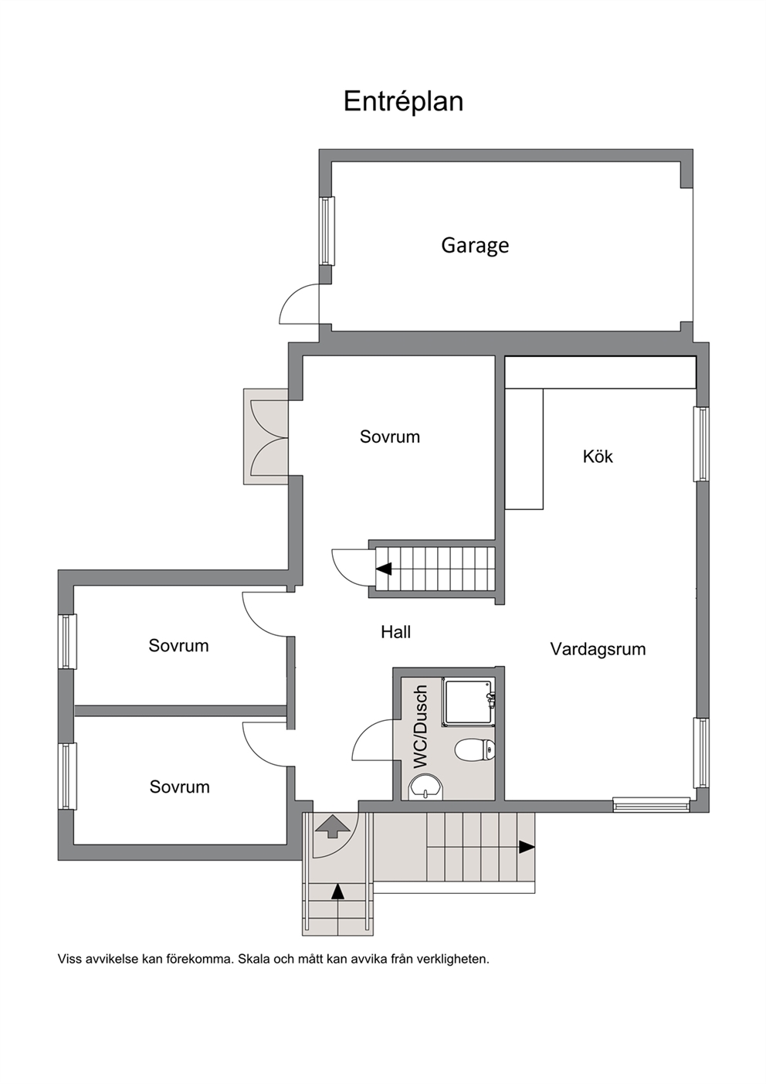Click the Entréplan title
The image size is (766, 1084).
click(403, 102)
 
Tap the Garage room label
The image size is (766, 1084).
click(475, 246)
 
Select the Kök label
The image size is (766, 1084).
click(598, 457)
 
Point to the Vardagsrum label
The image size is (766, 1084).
click(598, 649)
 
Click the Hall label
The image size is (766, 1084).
click(395, 631)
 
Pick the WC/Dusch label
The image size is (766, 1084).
click(421, 726)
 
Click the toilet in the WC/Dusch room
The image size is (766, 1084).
click(475, 749)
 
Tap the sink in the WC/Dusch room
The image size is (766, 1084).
click(425, 787)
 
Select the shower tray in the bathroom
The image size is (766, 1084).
click(469, 702)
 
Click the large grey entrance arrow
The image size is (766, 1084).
click(333, 826)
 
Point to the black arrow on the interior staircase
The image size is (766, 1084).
click(384, 569)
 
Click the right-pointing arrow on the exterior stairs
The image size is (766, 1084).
click(527, 847)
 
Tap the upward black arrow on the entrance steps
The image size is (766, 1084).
click(338, 891)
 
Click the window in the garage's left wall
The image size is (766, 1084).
click(327, 231)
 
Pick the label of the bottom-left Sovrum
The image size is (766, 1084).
click(179, 787)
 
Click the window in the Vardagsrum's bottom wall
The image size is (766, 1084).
click(651, 804)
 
